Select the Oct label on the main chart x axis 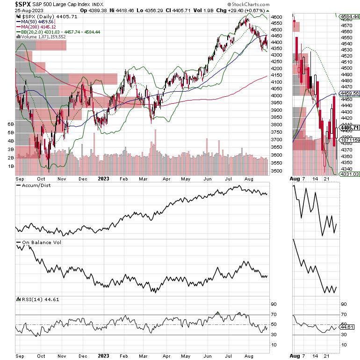click(41, 178)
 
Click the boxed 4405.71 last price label click(349, 128)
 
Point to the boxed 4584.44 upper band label click(349, 16)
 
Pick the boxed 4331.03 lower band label click(349, 174)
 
